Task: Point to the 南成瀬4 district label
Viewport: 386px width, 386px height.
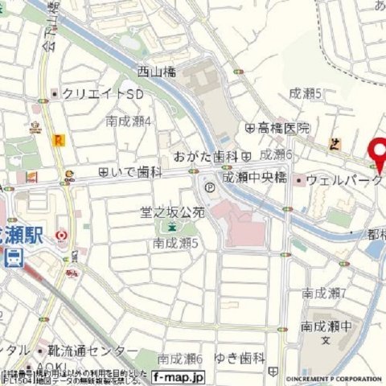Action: coord(129,121)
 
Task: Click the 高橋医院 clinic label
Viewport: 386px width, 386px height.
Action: coord(282,128)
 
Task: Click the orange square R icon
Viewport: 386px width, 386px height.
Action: coord(58,140)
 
